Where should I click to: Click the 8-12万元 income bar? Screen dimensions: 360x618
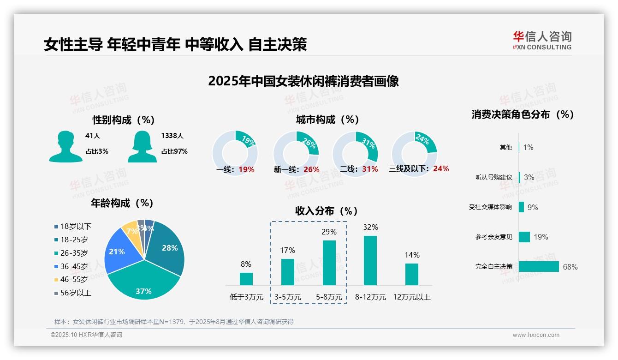[x=370, y=260]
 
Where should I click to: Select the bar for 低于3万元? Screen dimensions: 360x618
[x=246, y=279]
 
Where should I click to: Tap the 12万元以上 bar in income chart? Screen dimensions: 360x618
[x=412, y=274]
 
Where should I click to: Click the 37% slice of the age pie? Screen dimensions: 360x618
[x=143, y=282]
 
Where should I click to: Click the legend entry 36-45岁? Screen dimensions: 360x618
[x=74, y=266]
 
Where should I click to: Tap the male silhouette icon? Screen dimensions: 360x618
[x=65, y=146]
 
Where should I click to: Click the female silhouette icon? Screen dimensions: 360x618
[x=142, y=146]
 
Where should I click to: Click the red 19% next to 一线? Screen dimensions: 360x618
[x=246, y=169]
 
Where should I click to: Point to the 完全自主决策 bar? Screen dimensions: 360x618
[x=539, y=266]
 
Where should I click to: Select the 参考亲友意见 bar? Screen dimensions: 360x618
[x=524, y=237]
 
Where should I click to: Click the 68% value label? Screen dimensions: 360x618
[x=570, y=267]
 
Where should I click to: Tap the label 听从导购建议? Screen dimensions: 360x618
[x=493, y=177]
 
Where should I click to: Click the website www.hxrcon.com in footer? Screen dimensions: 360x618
[x=536, y=335]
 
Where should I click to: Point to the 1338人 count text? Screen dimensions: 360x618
[x=172, y=136]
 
